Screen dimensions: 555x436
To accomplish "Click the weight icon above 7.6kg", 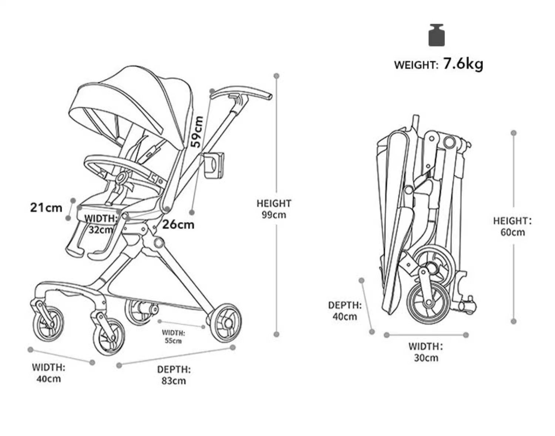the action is pyautogui.click(x=436, y=35).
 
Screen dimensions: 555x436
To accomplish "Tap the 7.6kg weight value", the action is pyautogui.click(x=463, y=64).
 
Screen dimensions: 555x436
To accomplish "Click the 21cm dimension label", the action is pyautogui.click(x=46, y=207).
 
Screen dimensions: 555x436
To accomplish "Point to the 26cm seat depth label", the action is pyautogui.click(x=178, y=224).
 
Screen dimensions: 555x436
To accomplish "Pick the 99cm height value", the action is pyautogui.click(x=274, y=215).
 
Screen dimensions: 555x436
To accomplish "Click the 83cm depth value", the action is pyautogui.click(x=174, y=381).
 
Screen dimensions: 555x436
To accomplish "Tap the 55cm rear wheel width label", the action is pyautogui.click(x=173, y=341).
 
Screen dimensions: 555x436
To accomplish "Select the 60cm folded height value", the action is pyautogui.click(x=512, y=232).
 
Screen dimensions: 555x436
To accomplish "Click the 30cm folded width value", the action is pyautogui.click(x=426, y=358).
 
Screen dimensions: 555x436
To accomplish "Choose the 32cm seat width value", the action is pyautogui.click(x=100, y=229).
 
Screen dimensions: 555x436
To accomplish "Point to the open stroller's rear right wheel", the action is pyautogui.click(x=224, y=323).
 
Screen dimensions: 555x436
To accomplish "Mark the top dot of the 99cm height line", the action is pyautogui.click(x=276, y=76).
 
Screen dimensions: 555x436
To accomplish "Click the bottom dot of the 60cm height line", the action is pyautogui.click(x=513, y=321).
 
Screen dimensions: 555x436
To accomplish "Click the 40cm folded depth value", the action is pyautogui.click(x=344, y=317).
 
